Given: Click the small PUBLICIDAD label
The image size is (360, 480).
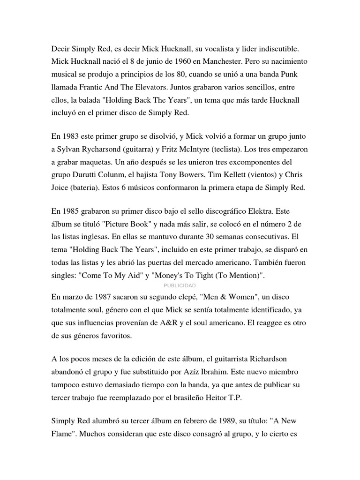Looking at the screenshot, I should (180, 285).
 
